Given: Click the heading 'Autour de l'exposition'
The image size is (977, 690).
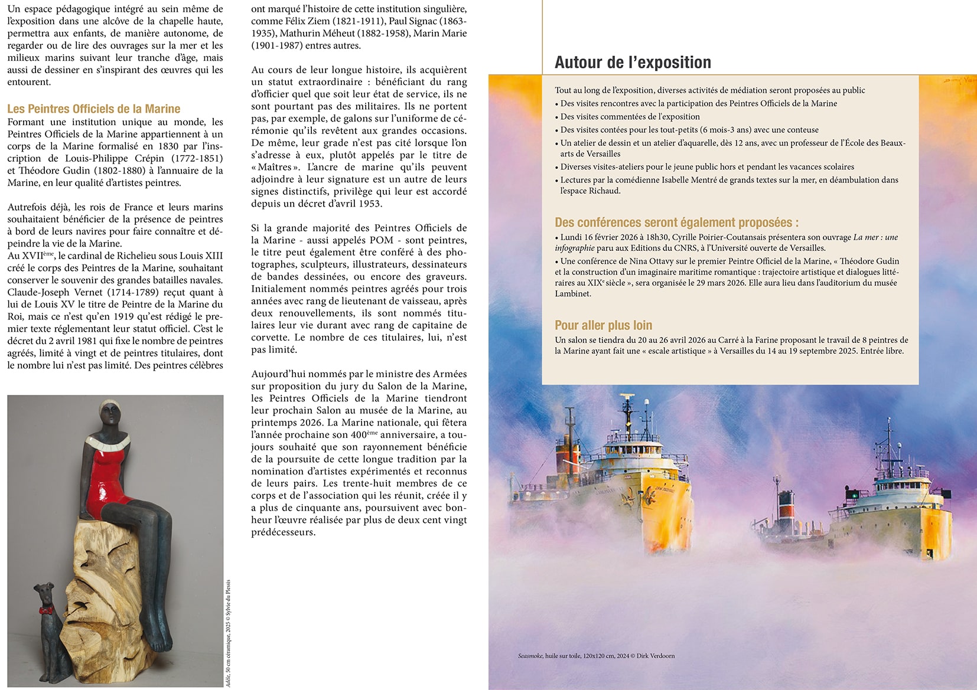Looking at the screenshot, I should point(633,63).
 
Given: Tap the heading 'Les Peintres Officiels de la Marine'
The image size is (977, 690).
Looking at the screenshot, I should point(93,109).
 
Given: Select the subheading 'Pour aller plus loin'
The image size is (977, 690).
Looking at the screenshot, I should point(603,325).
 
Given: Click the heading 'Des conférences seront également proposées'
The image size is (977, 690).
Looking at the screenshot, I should point(676,223).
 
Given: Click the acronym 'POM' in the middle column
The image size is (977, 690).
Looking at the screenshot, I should point(381,240).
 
